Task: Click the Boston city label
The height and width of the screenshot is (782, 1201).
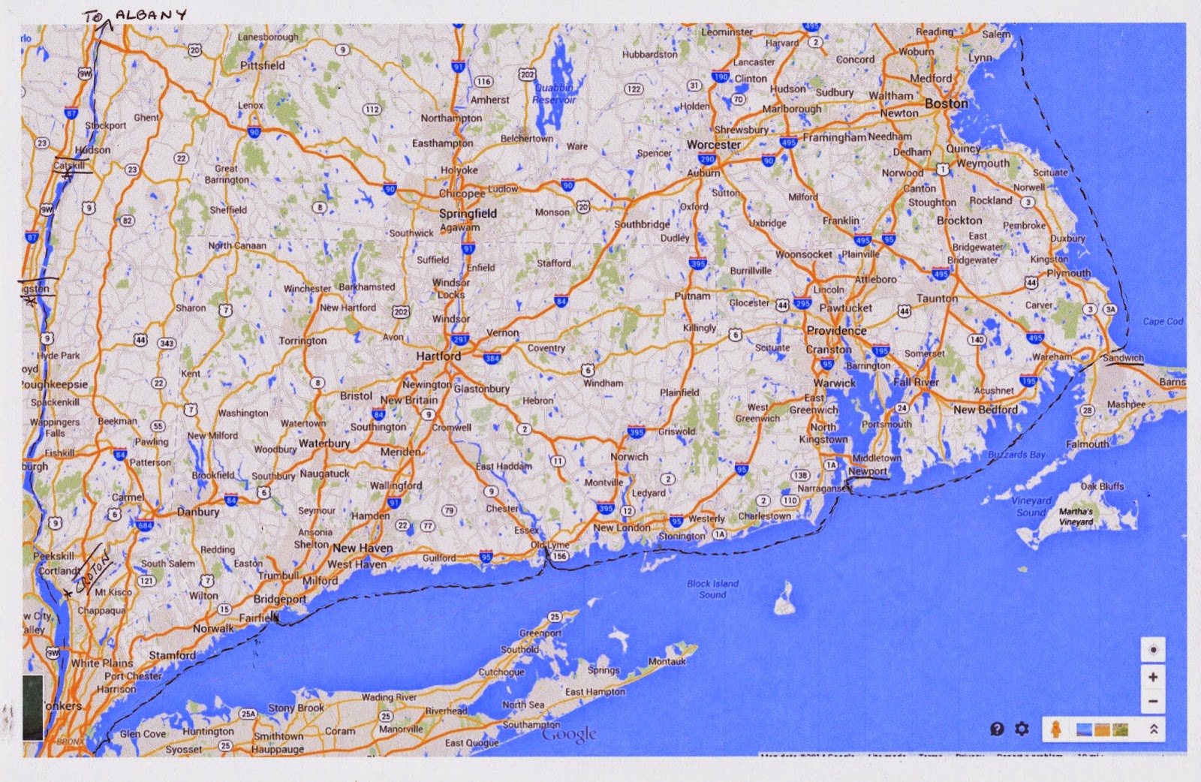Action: (x=946, y=104)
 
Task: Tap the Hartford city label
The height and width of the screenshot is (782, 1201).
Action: (x=438, y=356)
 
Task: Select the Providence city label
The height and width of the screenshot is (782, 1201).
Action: (x=836, y=331)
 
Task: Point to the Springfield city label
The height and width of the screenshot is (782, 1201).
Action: (x=468, y=214)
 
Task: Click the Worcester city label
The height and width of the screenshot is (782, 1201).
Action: (x=713, y=145)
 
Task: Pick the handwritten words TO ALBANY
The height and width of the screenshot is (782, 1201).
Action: (x=135, y=16)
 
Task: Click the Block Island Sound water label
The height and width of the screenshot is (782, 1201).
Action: (x=712, y=589)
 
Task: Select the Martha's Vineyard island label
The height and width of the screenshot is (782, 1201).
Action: (x=1076, y=516)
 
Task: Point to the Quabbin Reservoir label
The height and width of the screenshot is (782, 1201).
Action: (x=554, y=94)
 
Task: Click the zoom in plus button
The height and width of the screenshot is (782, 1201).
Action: (x=1153, y=677)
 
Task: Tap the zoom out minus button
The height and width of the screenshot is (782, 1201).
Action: (x=1153, y=702)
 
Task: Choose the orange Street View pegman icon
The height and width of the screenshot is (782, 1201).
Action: (x=1055, y=729)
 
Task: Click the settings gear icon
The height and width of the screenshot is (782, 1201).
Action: (x=1022, y=729)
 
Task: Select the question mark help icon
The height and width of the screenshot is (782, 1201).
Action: (x=997, y=729)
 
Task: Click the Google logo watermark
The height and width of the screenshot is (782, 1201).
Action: (x=569, y=735)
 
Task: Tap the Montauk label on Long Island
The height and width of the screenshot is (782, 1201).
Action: (x=667, y=662)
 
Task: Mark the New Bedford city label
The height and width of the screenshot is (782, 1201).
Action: (x=986, y=410)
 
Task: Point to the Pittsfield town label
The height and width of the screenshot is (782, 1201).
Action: (x=262, y=66)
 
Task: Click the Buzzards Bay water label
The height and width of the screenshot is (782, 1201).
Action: (x=1016, y=455)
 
